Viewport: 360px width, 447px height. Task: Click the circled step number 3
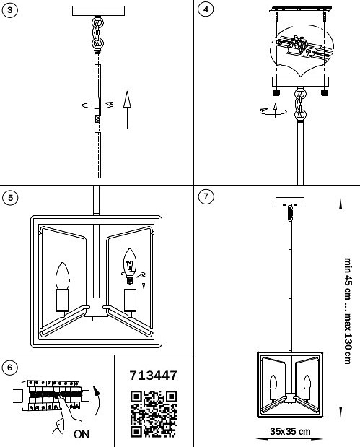point(10,9)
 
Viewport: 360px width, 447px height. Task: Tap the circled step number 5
point(10,196)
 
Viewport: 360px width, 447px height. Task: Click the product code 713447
point(153,376)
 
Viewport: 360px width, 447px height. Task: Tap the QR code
point(153,414)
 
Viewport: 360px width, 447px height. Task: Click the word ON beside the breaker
point(82,435)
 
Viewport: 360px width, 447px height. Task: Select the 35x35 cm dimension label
point(290,431)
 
